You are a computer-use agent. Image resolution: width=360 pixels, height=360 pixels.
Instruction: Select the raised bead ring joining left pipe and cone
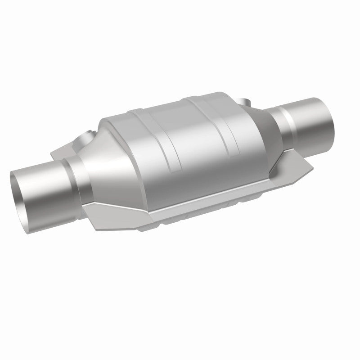tap(72, 180)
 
